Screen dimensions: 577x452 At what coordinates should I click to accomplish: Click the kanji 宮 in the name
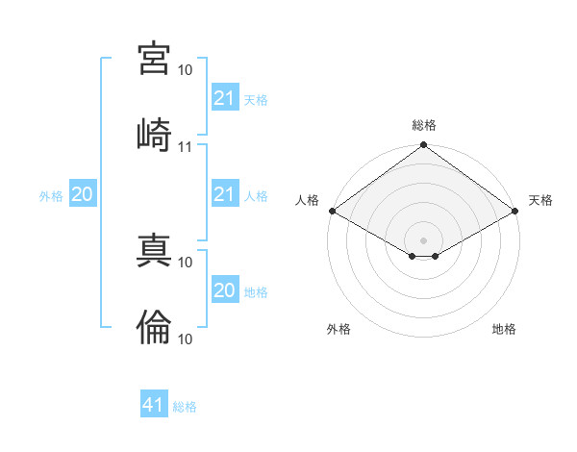click(154, 59)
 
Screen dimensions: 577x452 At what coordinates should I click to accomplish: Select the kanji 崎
click(154, 135)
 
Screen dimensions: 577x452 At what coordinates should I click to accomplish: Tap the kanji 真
click(154, 250)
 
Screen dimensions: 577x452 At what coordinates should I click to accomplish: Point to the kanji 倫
click(154, 327)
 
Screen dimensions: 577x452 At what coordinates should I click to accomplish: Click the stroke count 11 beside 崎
click(185, 147)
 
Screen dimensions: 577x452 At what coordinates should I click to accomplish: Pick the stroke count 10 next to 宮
click(185, 70)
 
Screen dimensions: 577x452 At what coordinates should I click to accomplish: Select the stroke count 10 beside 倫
click(185, 339)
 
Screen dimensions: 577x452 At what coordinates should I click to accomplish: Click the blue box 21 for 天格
click(225, 97)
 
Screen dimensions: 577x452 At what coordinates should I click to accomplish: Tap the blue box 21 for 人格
click(225, 193)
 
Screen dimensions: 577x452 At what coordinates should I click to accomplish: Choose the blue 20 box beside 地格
click(225, 289)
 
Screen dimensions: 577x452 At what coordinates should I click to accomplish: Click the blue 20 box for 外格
click(83, 193)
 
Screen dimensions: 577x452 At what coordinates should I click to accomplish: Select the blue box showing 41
click(154, 403)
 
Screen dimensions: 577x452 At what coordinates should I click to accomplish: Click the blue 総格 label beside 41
click(185, 407)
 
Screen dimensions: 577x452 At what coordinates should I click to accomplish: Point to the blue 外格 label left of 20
click(51, 196)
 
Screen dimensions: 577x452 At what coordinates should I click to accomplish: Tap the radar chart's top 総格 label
click(424, 125)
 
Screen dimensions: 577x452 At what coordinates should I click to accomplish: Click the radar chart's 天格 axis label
click(540, 200)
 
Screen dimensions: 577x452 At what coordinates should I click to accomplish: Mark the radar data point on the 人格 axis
click(333, 211)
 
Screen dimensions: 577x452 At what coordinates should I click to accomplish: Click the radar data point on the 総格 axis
click(423, 144)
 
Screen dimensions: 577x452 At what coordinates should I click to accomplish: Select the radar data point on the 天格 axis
click(515, 211)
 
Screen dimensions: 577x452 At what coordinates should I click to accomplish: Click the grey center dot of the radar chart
click(423, 240)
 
